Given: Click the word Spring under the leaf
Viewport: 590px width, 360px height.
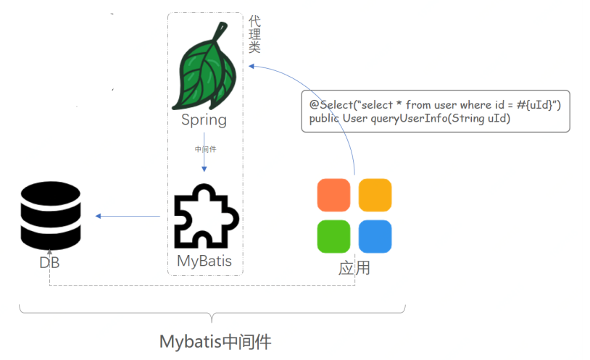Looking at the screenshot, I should point(204,120).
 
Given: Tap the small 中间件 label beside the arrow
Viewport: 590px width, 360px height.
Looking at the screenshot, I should point(205,149).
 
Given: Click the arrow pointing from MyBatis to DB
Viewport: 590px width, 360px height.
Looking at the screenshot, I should point(128,216).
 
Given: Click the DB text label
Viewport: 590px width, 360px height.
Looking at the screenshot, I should point(49,263).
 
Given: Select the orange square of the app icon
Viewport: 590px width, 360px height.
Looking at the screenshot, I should point(334,195).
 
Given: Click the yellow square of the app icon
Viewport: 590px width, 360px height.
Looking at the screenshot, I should point(375,195).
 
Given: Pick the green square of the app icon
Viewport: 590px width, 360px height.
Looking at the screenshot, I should point(334,236).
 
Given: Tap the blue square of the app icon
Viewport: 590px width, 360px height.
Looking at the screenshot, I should point(375,236).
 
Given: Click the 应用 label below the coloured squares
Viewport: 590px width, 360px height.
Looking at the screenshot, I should point(354,268).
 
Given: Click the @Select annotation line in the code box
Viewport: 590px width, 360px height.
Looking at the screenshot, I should point(435,105).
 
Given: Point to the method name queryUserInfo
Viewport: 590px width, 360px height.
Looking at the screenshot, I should point(407,119).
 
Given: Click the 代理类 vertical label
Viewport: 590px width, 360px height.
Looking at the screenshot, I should point(254,35).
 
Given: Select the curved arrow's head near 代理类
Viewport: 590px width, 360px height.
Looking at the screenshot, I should point(250,66).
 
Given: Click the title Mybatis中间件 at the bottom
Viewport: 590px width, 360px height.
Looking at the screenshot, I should point(215,341).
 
